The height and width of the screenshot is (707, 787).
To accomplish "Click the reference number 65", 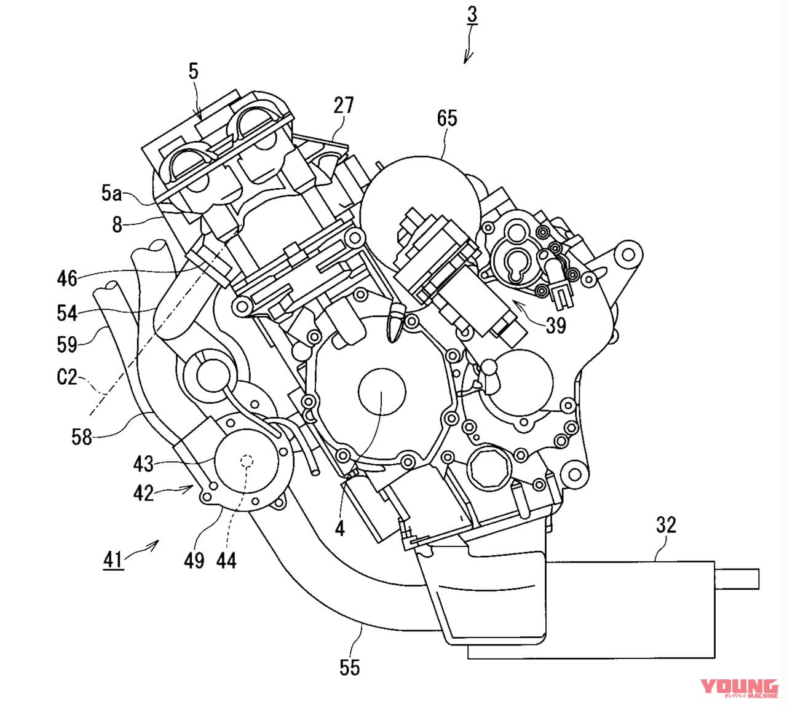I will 447,117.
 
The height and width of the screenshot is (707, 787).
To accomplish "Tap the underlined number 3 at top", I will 472,15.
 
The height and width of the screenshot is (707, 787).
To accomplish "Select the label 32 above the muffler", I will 666,524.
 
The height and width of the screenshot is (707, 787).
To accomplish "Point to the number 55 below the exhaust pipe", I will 349,667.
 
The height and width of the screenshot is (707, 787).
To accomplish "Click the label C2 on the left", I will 67,376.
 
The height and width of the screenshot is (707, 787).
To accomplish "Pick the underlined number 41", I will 113,559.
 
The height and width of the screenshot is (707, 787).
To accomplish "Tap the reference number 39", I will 555,325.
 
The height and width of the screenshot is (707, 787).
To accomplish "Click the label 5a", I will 111,194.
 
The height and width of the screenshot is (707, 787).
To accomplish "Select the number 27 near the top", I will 344,105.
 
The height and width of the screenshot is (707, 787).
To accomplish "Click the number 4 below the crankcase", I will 339,527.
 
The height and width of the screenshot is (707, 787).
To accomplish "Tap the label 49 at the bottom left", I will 194,560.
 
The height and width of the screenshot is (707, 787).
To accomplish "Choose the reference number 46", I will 67,278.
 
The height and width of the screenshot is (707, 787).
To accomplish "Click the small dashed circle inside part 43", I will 248,460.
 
